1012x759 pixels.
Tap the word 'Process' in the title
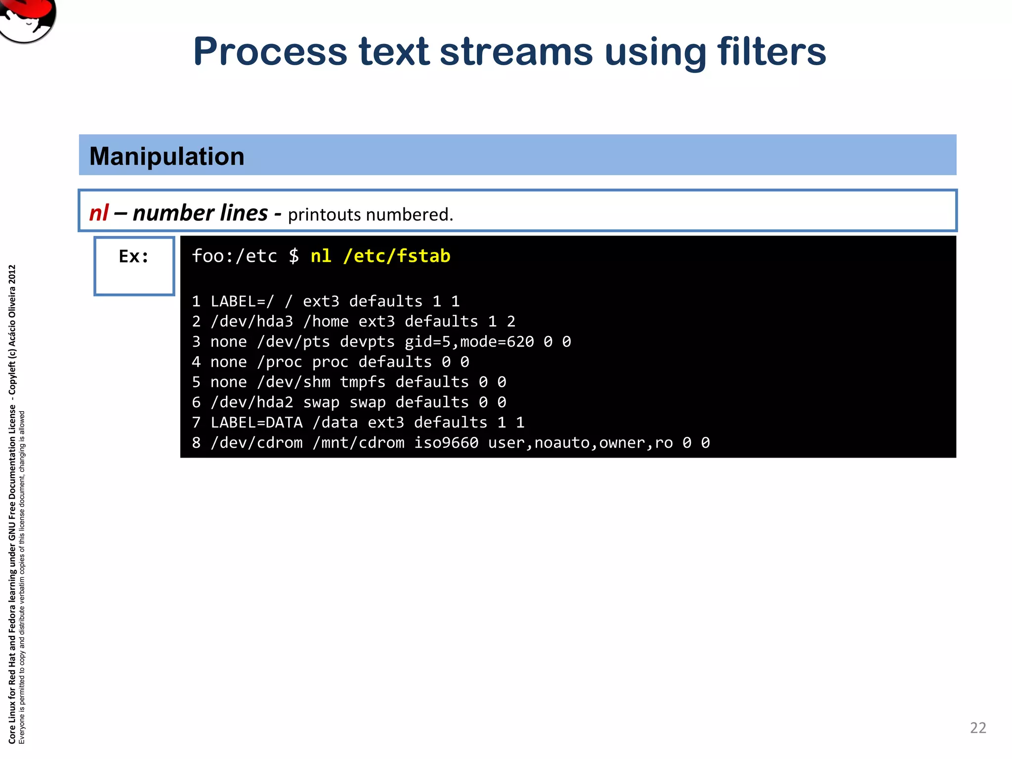pos(270,52)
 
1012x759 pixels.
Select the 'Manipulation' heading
pos(167,156)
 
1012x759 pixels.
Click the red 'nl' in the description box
pos(99,213)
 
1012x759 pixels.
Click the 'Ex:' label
pos(133,256)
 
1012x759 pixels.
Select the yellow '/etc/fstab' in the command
pos(397,256)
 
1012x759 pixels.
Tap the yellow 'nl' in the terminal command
pos(321,256)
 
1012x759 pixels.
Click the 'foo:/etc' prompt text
pos(234,256)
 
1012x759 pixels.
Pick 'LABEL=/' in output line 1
pos(242,301)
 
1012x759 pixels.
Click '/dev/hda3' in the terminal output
pos(252,322)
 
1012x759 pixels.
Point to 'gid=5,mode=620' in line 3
pos(469,342)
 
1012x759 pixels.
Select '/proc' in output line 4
pos(279,362)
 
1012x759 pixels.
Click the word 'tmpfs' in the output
pos(362,382)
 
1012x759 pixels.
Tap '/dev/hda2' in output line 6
pos(252,402)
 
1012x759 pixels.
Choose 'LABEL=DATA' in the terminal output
pos(256,422)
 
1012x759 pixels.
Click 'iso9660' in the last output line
pos(446,443)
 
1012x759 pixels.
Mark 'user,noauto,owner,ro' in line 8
pos(580,443)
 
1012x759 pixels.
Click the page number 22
pos(978,727)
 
